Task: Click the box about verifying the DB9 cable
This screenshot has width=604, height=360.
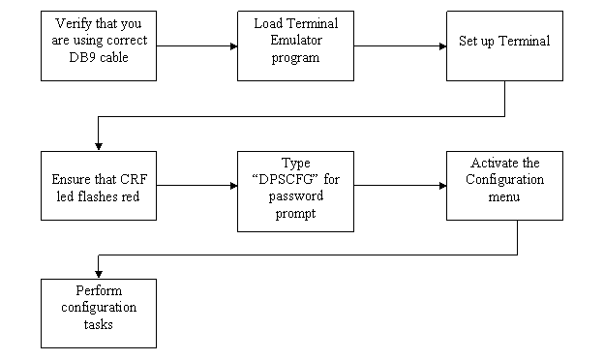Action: click(98, 45)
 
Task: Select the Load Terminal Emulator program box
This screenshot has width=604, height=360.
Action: click(295, 45)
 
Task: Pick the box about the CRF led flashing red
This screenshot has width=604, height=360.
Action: click(98, 187)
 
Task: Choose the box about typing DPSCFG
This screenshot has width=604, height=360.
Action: click(295, 191)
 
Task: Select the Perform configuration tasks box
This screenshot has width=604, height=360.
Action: click(98, 313)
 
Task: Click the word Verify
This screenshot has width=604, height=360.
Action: click(75, 24)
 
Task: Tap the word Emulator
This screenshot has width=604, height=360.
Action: click(295, 41)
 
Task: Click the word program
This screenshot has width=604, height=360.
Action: click(295, 57)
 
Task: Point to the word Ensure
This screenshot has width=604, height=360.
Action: click(72, 180)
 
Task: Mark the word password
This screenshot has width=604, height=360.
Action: click(295, 196)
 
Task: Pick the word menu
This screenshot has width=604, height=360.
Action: click(504, 196)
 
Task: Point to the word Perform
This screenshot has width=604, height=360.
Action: click(98, 291)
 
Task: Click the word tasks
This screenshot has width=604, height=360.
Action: click(98, 324)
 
